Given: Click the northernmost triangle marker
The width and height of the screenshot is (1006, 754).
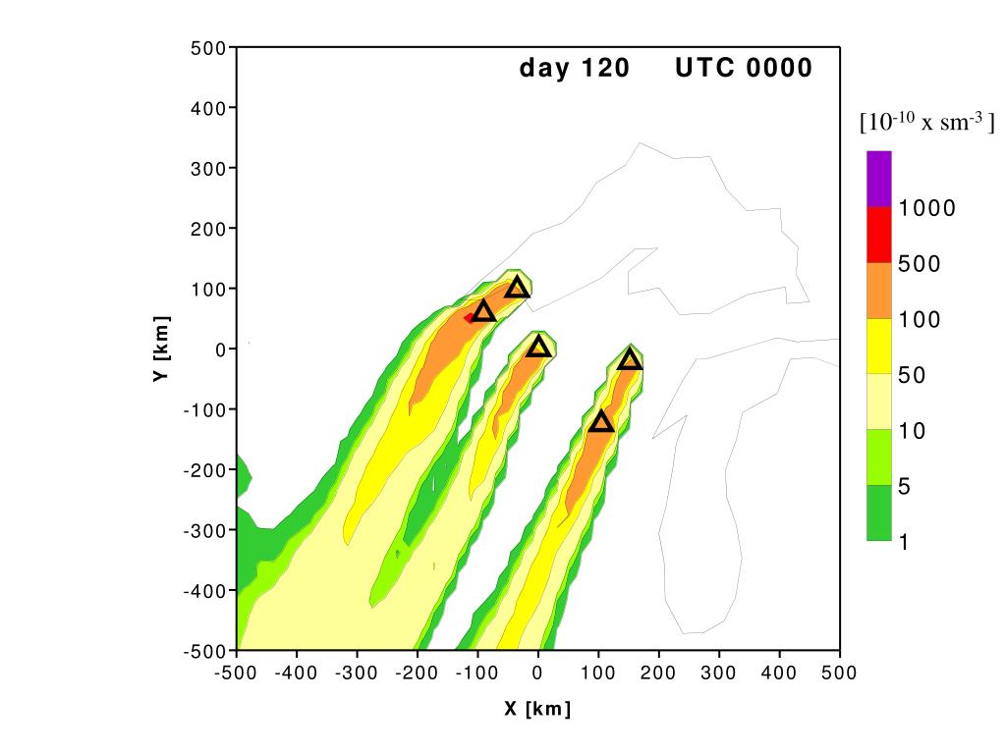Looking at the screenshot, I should click(518, 288).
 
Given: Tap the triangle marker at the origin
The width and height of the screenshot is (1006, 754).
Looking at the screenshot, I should click(537, 347).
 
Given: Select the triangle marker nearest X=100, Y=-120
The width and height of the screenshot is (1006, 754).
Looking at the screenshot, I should click(601, 422).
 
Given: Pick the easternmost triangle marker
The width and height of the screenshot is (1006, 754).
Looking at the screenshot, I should click(631, 360).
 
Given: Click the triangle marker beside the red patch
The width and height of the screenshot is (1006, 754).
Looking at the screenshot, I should click(483, 312).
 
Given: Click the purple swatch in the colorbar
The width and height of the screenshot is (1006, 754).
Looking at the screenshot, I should click(878, 179).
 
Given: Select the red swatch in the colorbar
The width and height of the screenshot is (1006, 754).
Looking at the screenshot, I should click(878, 235).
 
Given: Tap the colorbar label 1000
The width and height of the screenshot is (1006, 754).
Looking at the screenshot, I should click(926, 208).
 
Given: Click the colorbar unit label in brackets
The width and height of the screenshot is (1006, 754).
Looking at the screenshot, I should click(926, 123).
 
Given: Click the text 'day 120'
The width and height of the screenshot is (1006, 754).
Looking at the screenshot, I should click(567, 69).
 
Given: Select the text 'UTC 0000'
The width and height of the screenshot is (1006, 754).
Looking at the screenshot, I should click(744, 69).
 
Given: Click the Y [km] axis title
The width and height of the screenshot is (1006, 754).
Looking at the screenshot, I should click(162, 349).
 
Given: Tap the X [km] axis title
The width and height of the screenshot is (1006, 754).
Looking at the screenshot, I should click(537, 709).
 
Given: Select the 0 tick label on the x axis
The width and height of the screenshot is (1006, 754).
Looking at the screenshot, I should click(537, 673).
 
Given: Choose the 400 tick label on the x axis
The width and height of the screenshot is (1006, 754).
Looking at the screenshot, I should click(779, 673).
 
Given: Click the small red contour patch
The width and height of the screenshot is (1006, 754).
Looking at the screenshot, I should click(470, 317).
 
